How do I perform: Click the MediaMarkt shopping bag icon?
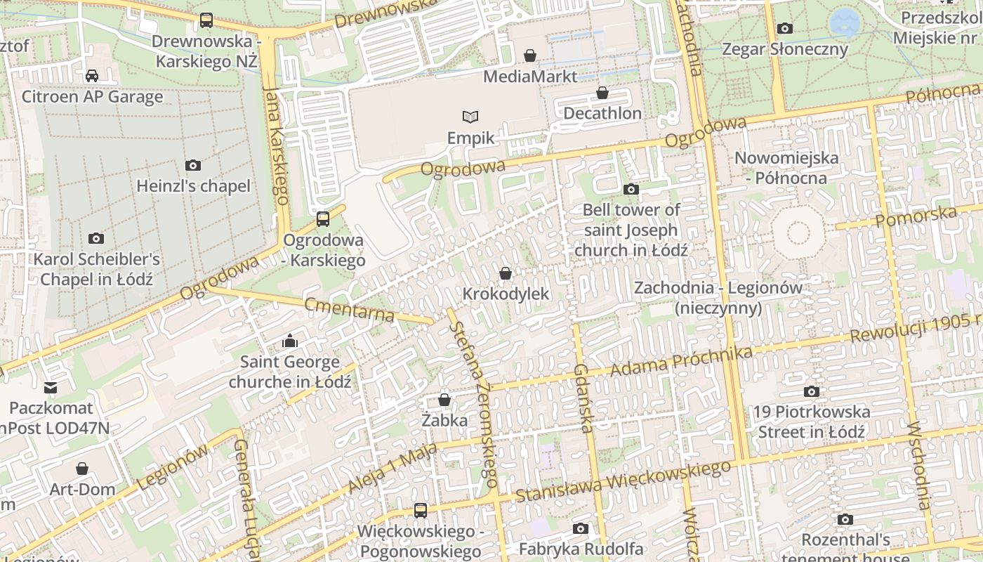coord(530,55)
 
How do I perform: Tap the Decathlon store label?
coord(602,113)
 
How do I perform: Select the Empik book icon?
coord(470,117)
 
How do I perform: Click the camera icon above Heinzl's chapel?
coord(192,166)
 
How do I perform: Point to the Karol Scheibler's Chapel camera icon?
coord(96,239)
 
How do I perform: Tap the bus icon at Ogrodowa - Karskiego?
coord(322,219)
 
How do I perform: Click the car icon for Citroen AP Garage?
coord(92,76)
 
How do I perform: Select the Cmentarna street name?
coord(349,310)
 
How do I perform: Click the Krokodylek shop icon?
coord(505,273)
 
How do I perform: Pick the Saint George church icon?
coord(289,342)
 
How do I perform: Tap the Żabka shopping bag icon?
coord(444,400)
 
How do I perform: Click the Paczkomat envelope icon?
coord(51,388)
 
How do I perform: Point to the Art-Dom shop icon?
coord(82,469)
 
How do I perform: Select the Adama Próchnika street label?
coord(678,360)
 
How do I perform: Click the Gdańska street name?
coord(583,398)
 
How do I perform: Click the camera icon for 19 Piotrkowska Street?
coord(811,392)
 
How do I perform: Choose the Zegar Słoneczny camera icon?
coord(784,29)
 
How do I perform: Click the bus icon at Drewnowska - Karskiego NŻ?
coord(206,20)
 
